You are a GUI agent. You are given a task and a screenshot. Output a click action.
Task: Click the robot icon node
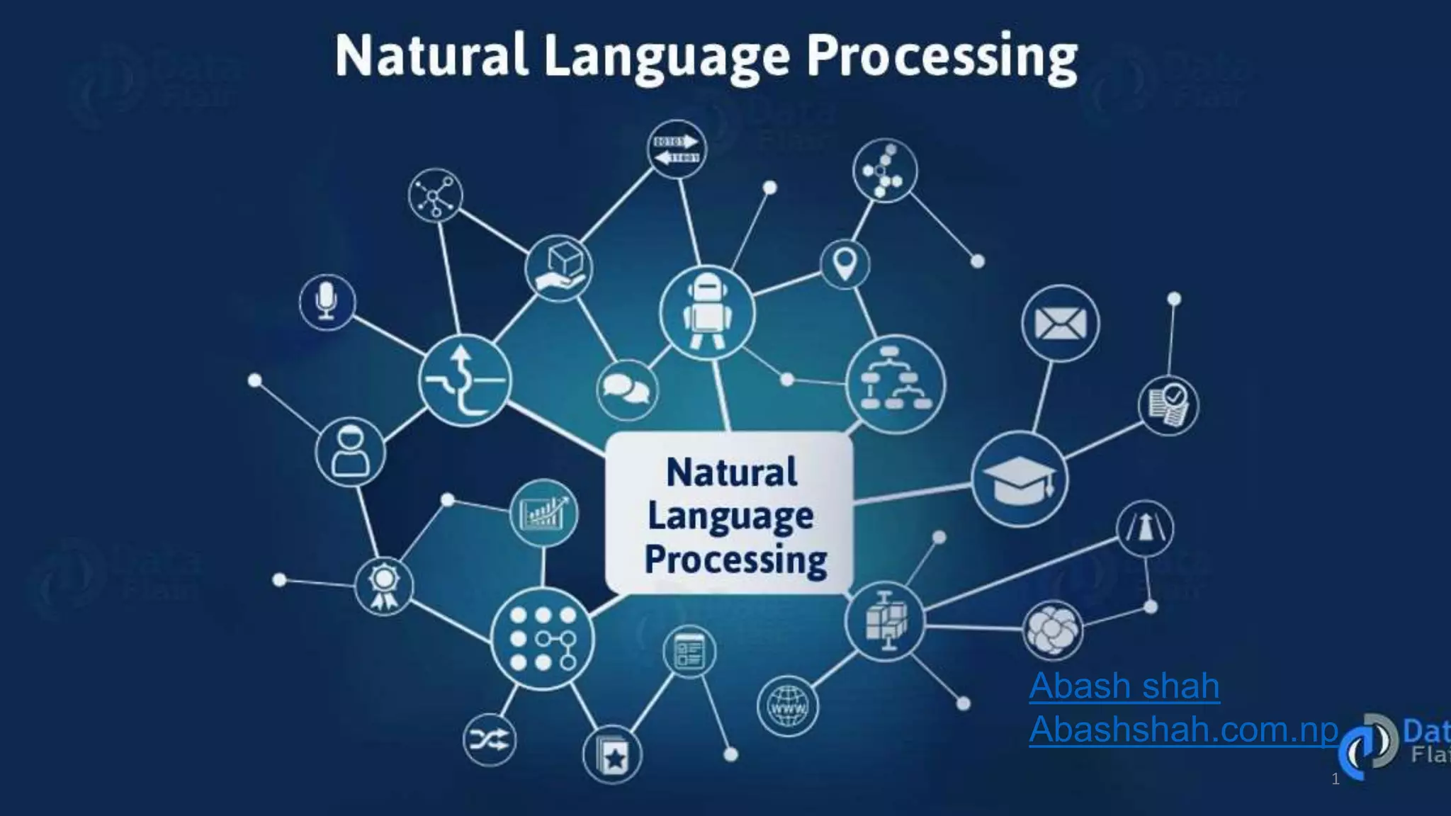point(706,312)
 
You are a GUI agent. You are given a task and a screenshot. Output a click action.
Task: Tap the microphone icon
point(327,302)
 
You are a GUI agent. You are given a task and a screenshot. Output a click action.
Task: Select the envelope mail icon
point(1060,324)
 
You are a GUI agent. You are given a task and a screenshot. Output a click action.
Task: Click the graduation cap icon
point(1019,479)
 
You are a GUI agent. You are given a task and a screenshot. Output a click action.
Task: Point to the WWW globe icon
point(788,706)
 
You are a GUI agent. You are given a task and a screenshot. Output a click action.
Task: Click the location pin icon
point(845,265)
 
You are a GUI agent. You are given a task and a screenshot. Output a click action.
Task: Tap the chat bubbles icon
point(626,390)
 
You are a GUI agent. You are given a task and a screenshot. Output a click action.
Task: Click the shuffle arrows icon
point(489,740)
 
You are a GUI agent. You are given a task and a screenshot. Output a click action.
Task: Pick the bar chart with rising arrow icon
point(543,513)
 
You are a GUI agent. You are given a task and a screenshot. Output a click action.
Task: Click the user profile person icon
point(350,452)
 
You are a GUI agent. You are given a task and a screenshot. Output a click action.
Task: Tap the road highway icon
point(1144,528)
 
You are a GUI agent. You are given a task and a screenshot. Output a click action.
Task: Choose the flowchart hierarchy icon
point(896,384)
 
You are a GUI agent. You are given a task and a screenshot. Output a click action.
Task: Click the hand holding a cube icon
point(559,268)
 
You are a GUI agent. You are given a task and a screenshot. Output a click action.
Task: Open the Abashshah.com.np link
point(1183,729)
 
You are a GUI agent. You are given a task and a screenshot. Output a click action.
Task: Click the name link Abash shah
point(1124,686)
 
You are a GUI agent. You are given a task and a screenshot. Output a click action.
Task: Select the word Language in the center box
point(730,516)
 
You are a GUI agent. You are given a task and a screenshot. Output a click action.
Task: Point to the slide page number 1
point(1336,779)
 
